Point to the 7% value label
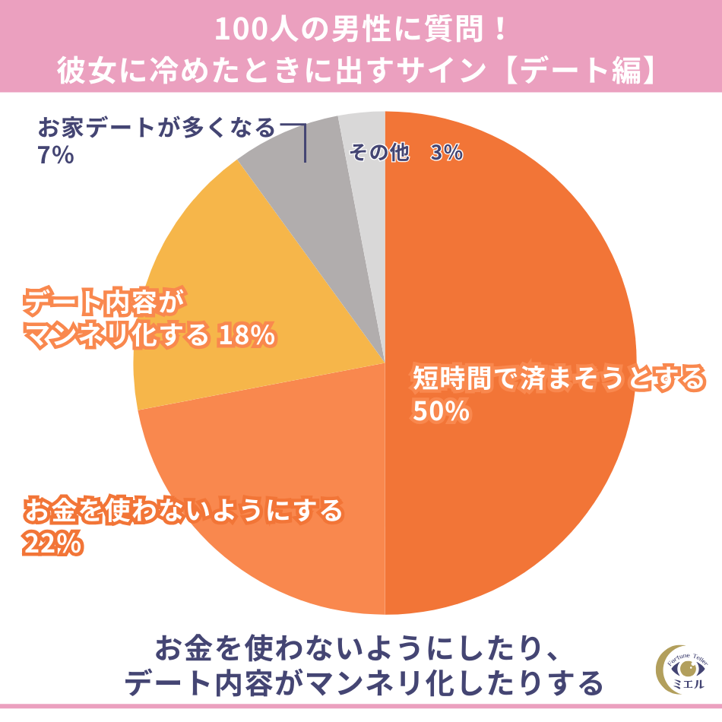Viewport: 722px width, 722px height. tap(55, 156)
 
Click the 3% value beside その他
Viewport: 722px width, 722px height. tap(446, 153)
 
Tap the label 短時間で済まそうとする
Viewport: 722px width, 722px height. tap(559, 378)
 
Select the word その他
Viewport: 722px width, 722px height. tap(378, 153)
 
